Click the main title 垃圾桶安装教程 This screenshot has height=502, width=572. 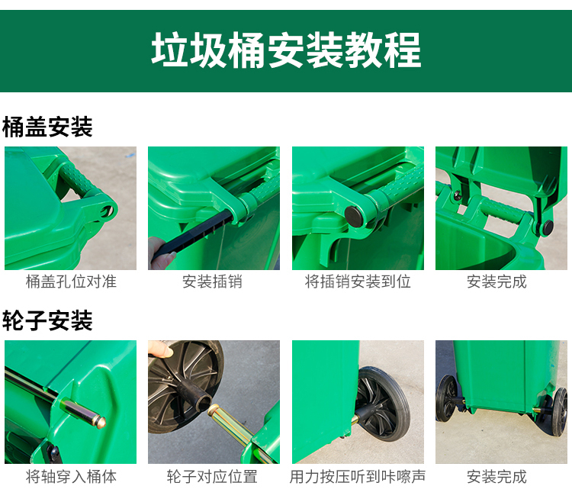point(286,50)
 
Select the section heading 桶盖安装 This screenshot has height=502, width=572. point(47,127)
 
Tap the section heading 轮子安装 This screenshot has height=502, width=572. point(47,320)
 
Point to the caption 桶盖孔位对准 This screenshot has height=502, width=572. point(71,282)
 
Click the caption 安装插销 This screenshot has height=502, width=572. point(212,282)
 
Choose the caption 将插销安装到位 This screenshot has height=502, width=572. point(358,282)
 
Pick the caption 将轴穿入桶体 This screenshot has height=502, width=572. point(71,477)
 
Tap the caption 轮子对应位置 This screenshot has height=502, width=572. point(212,477)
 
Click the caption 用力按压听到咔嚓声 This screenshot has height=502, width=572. point(358,477)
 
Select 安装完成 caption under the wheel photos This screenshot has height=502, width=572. point(496,477)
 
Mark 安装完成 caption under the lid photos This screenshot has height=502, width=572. point(496,282)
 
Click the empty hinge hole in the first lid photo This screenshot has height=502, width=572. point(108,211)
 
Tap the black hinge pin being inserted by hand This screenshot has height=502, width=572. point(193,234)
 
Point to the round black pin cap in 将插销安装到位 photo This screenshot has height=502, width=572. point(355,216)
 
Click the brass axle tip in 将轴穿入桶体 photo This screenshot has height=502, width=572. point(101,422)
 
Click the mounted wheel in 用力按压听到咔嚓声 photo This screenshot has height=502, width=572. point(382,404)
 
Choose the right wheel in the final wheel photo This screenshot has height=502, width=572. point(560,411)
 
